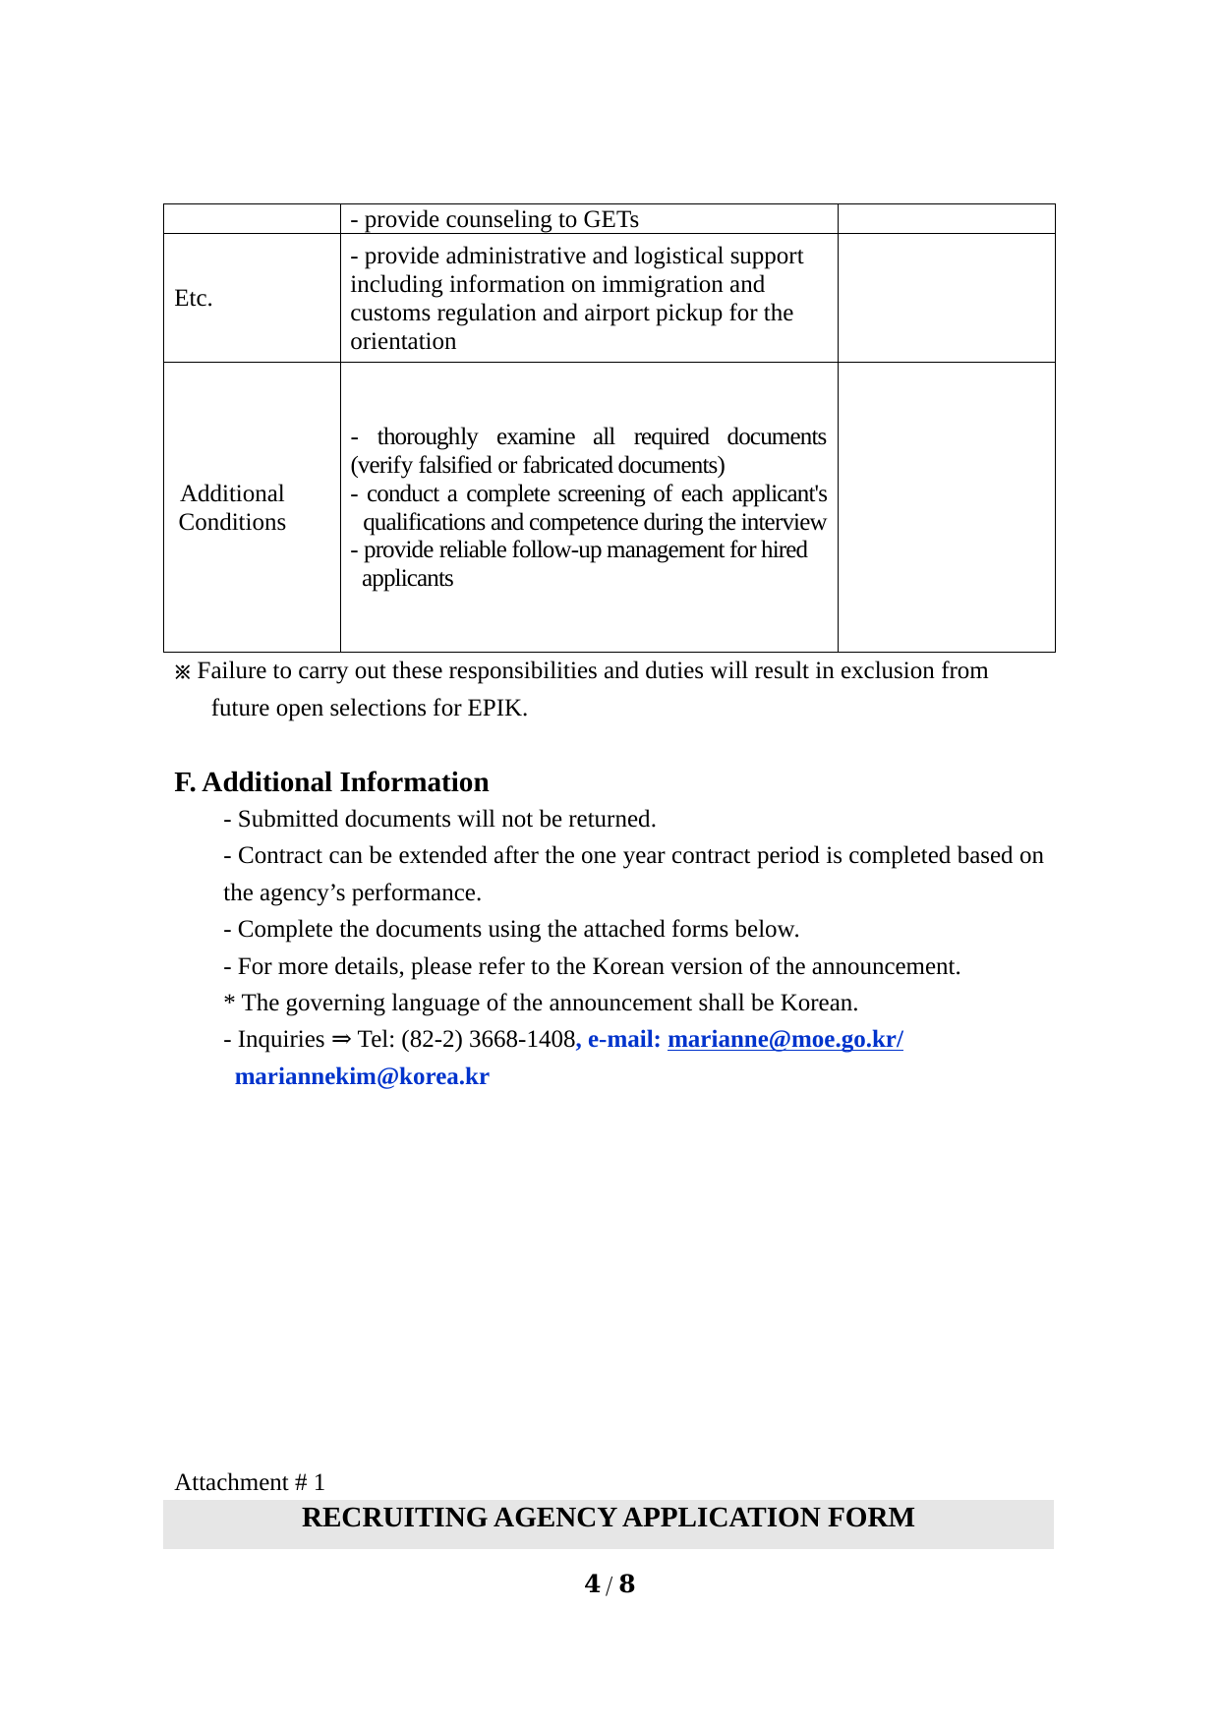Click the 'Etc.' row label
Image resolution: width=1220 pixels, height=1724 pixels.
(x=194, y=298)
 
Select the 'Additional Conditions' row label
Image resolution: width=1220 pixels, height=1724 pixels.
(x=232, y=507)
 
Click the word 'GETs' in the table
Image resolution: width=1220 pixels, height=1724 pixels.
(x=610, y=219)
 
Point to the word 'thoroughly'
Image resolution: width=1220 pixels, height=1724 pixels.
(x=427, y=436)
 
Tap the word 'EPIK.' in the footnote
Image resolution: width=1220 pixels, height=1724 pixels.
(x=497, y=708)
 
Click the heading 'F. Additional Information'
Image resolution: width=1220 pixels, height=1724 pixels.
(x=331, y=782)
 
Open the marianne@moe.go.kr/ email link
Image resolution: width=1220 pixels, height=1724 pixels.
(x=784, y=1039)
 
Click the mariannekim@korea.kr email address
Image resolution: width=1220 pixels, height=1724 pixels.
(x=362, y=1076)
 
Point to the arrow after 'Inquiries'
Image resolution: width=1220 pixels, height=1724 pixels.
(x=340, y=1039)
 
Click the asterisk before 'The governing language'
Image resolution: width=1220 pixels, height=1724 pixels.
(x=229, y=1003)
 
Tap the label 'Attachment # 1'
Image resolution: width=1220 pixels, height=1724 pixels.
(x=250, y=1482)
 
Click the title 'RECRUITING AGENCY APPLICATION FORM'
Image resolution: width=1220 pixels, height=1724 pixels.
(x=608, y=1518)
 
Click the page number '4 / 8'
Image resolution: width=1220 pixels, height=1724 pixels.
(x=610, y=1584)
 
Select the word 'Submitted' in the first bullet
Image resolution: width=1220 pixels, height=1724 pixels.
(x=285, y=819)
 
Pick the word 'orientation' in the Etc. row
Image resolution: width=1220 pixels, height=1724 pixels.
(x=403, y=341)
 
